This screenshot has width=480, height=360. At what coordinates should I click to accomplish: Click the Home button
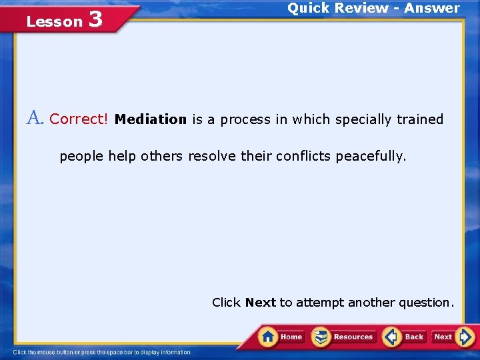(x=281, y=337)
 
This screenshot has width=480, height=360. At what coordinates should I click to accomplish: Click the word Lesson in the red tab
(x=54, y=21)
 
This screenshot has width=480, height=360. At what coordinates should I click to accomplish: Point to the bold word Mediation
(x=151, y=119)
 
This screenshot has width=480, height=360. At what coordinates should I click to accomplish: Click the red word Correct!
(x=79, y=119)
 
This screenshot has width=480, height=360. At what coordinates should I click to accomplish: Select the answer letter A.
(x=35, y=119)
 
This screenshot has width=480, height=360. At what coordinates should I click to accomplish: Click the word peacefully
(x=371, y=156)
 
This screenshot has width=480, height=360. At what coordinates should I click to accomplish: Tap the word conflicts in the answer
(x=306, y=156)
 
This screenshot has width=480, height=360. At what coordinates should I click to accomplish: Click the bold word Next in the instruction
(x=260, y=302)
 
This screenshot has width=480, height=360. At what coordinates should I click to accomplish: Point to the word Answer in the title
(x=432, y=8)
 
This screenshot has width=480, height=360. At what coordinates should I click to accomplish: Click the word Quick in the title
(x=307, y=8)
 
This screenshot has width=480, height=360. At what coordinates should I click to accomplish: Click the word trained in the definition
(x=419, y=119)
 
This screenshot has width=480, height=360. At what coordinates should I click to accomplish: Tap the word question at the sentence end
(x=426, y=302)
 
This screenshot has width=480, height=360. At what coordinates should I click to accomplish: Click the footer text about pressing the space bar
(x=102, y=352)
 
